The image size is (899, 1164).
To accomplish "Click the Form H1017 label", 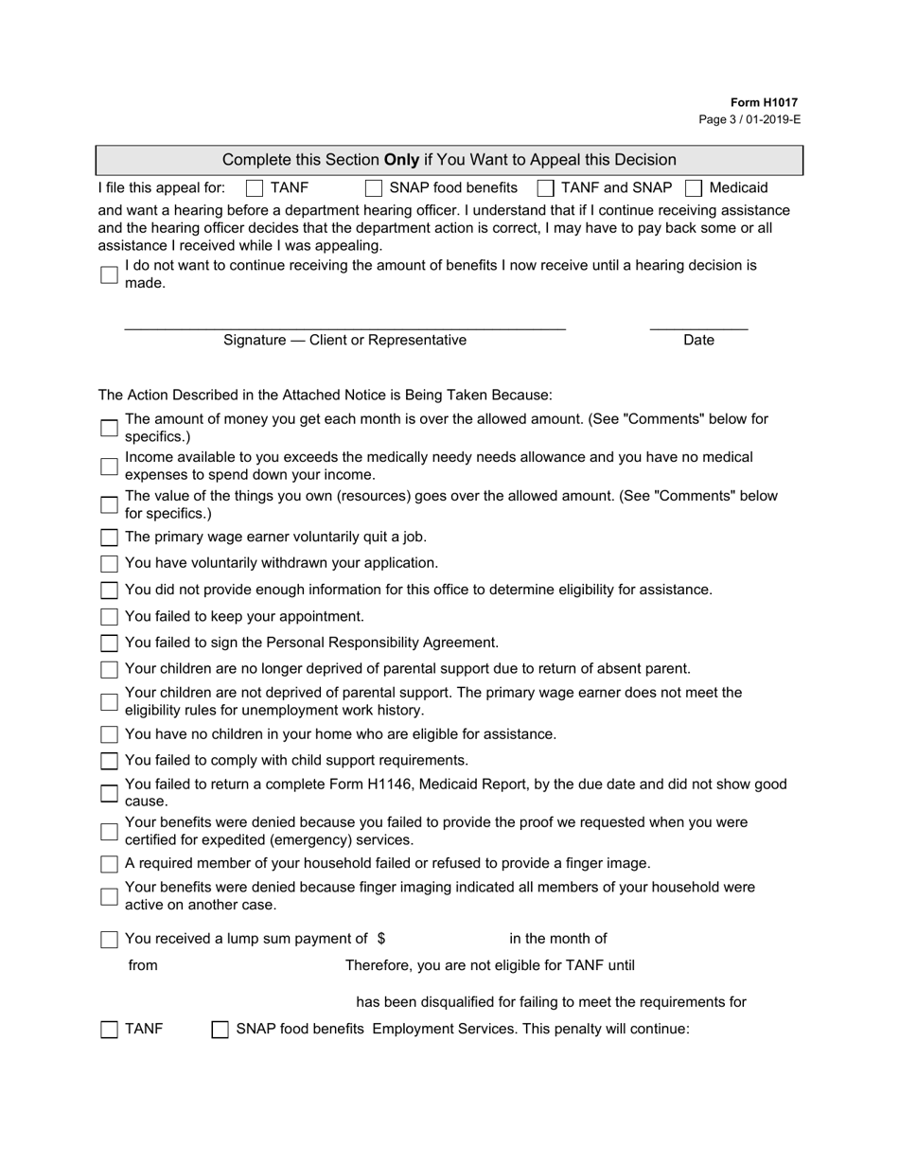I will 763,102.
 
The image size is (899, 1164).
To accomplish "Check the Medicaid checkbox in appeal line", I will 694,188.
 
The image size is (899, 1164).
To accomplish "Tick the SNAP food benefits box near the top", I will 374,188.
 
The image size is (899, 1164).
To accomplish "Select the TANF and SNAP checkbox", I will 545,188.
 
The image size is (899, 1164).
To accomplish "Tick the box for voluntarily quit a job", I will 109,538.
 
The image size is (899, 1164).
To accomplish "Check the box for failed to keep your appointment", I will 109,617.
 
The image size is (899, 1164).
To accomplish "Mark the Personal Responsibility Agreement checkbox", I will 109,644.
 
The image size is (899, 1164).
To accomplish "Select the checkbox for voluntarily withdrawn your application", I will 109,564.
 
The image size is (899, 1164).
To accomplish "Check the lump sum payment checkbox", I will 109,940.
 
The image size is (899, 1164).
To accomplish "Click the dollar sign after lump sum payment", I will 380,939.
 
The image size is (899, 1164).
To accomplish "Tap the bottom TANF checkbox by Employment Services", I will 109,1030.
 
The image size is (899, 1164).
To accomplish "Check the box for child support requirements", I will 109,761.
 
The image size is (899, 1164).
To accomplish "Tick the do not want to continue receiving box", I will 109,274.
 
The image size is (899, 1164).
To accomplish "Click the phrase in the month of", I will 557,939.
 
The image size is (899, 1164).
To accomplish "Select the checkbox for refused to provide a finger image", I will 109,864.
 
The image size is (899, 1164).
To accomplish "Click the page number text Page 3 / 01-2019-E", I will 749,119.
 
